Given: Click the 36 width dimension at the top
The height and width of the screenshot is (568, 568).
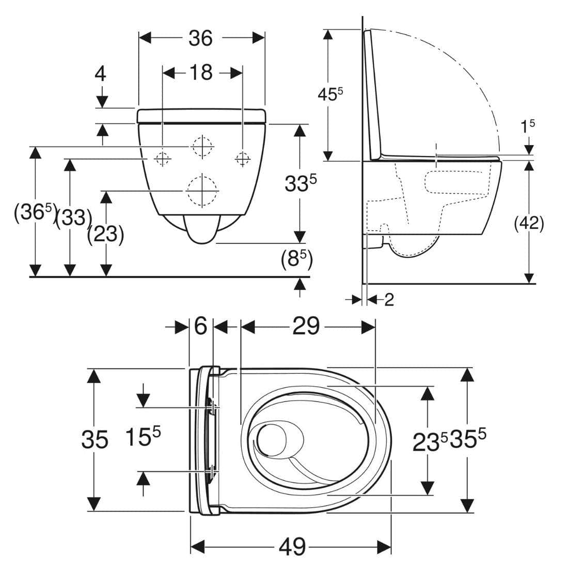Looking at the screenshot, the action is point(200,38).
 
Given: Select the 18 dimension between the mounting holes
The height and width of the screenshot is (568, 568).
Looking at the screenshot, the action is point(201,72).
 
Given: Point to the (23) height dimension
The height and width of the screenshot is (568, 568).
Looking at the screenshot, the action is point(106,234).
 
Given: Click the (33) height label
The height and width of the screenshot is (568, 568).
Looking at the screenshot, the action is point(73,218).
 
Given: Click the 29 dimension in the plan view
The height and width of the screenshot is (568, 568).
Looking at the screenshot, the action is point(306,326).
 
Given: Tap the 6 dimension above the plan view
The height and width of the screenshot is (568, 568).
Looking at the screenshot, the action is point(201,326).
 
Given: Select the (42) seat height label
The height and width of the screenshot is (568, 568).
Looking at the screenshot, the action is point(529,224).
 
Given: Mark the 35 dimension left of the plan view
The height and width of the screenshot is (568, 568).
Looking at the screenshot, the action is point(95,440).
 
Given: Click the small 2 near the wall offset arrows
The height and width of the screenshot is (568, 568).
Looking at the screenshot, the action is point(389,299).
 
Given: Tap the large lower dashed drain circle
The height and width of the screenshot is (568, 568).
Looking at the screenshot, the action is point(202,191).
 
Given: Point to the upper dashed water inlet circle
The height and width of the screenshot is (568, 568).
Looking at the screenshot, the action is point(203,147).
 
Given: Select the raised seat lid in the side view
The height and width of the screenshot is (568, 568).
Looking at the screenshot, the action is point(373,95).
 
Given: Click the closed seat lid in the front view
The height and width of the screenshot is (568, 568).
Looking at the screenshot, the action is point(202,116).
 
